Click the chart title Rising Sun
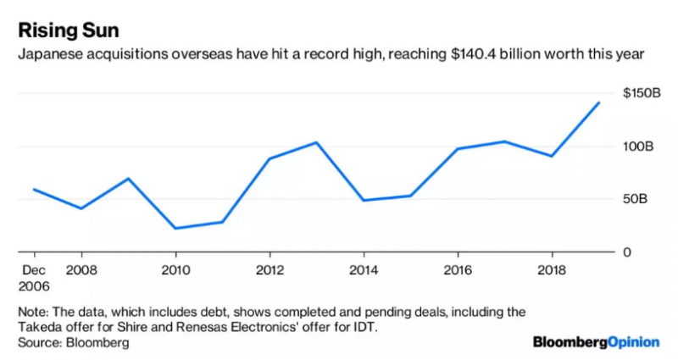(x=69, y=30)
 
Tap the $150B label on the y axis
(x=642, y=93)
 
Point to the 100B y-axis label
(x=637, y=147)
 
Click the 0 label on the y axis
(x=627, y=252)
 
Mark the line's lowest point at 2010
(x=175, y=228)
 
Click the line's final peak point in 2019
(x=599, y=102)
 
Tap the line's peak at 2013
(x=316, y=142)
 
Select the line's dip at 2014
(x=364, y=200)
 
